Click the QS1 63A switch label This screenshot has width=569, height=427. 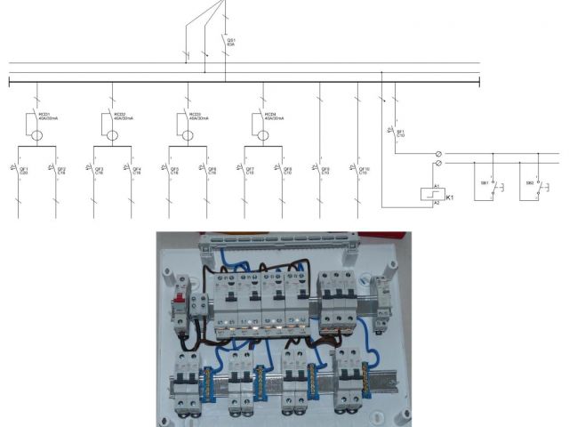[231, 41]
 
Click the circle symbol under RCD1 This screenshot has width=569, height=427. [38, 136]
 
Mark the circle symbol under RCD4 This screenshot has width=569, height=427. [264, 136]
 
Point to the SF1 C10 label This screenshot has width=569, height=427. [400, 133]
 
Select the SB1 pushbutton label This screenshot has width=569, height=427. [485, 185]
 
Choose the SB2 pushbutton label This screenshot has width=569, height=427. [530, 185]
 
